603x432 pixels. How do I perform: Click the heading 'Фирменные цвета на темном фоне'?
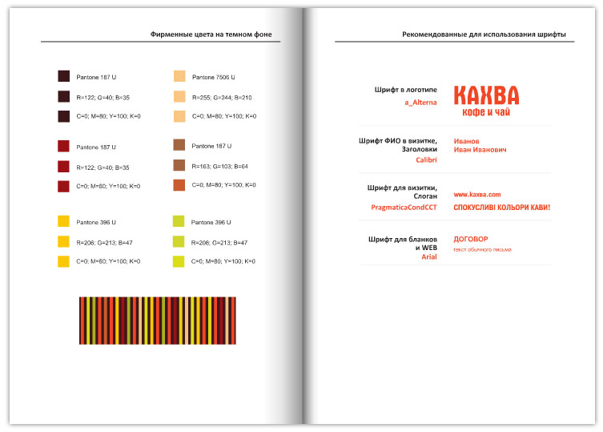211,34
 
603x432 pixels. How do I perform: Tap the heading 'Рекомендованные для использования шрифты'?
484,34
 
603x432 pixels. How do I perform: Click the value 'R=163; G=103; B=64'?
219,166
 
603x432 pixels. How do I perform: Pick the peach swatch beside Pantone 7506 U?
179,77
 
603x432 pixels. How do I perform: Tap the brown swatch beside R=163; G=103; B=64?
179,166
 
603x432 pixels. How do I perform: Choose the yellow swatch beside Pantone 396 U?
64,221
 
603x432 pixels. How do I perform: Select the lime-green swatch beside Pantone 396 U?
179,221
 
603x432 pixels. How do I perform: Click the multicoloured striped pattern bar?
157,321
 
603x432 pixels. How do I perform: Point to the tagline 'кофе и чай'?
486,113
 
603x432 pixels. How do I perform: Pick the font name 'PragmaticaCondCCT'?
404,207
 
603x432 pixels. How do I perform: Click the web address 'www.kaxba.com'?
476,194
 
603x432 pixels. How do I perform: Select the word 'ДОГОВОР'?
470,239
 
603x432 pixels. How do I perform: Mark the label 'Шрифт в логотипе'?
405,91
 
